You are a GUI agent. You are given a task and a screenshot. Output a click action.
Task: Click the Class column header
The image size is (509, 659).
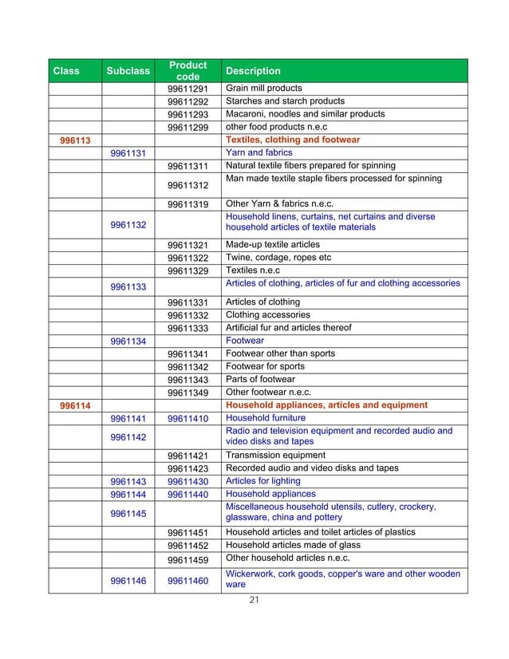point(66,71)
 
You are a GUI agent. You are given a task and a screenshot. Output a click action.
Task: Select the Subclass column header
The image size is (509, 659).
point(128,71)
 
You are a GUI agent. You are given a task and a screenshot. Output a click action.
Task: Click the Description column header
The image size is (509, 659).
point(254,71)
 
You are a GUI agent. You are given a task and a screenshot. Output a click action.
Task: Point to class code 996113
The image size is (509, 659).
point(74,140)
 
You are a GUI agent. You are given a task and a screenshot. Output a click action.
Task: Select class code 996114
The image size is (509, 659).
point(74,406)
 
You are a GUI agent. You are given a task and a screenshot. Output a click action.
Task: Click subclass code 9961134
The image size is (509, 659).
point(128,341)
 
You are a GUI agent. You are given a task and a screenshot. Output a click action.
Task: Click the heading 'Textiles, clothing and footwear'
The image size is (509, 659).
point(293,140)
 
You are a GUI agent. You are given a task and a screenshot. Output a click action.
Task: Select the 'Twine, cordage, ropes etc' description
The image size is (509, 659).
point(278,258)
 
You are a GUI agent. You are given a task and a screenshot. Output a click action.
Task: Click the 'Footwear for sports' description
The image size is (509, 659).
point(266,366)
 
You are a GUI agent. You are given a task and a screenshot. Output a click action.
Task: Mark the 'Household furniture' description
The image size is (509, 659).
point(266,417)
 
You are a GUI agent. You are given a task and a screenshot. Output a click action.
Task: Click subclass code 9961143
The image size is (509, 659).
point(128,482)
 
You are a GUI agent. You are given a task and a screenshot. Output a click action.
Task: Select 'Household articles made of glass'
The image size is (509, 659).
point(293,545)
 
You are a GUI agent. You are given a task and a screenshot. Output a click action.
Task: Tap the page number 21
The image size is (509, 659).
point(254,601)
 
